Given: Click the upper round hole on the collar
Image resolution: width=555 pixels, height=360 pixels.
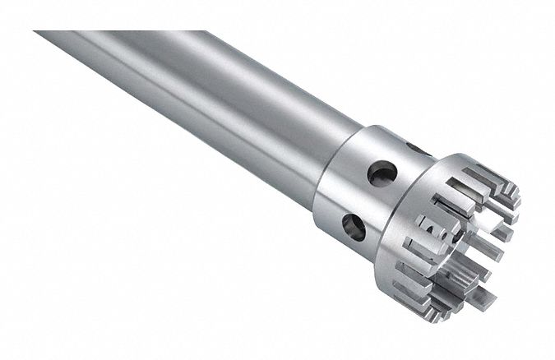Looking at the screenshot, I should pos(382,172).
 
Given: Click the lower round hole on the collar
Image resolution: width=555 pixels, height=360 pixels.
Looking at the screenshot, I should pos(354,226).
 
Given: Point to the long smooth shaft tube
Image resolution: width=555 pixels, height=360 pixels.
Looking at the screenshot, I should pos(206,107).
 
